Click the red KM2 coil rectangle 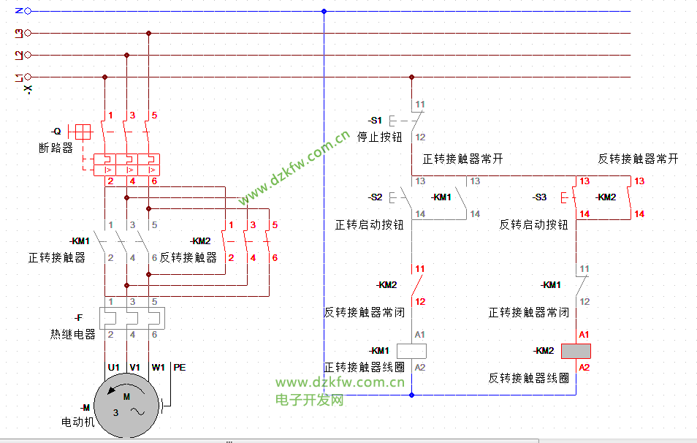click(x=576, y=351)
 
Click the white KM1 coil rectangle click(x=411, y=351)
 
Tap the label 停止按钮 click(x=379, y=137)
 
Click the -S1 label click(x=375, y=120)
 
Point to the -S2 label click(x=375, y=197)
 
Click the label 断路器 click(x=56, y=148)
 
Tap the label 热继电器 click(x=73, y=334)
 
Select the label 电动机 click(x=78, y=422)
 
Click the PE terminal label click(x=179, y=368)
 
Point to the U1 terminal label click(x=113, y=368)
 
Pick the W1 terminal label click(x=158, y=368)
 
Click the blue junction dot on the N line click(x=324, y=11)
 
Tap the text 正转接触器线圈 click(x=365, y=367)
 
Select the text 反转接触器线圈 click(x=529, y=378)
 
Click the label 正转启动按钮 click(x=370, y=225)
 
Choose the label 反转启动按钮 click(x=534, y=225)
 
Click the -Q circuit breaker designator click(x=56, y=132)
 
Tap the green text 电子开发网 click(x=310, y=400)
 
